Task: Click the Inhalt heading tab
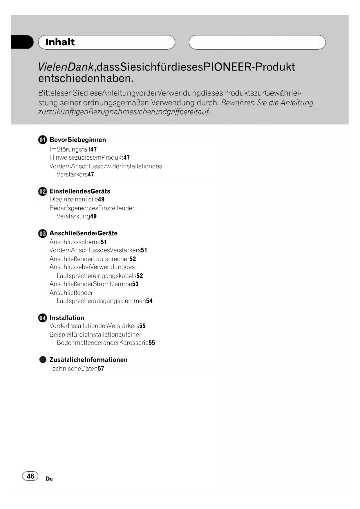point(106,42)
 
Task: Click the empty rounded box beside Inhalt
point(257,42)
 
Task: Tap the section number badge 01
point(42,140)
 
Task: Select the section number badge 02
point(42,192)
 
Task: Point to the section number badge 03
point(42,234)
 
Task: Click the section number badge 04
point(42,318)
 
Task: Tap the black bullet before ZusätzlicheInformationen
point(43,360)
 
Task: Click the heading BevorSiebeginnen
point(78,140)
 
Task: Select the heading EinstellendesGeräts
point(80,192)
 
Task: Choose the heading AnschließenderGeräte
point(84,234)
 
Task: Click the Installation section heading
point(67,318)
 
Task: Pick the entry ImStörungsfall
point(70,149)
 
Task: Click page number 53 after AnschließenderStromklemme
point(135,284)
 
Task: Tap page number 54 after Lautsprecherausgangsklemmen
point(149,301)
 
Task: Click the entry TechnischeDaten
point(73,369)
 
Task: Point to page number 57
point(101,369)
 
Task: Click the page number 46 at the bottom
point(30,476)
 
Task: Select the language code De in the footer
point(49,479)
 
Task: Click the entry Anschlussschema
point(75,242)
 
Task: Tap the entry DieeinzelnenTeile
point(74,199)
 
